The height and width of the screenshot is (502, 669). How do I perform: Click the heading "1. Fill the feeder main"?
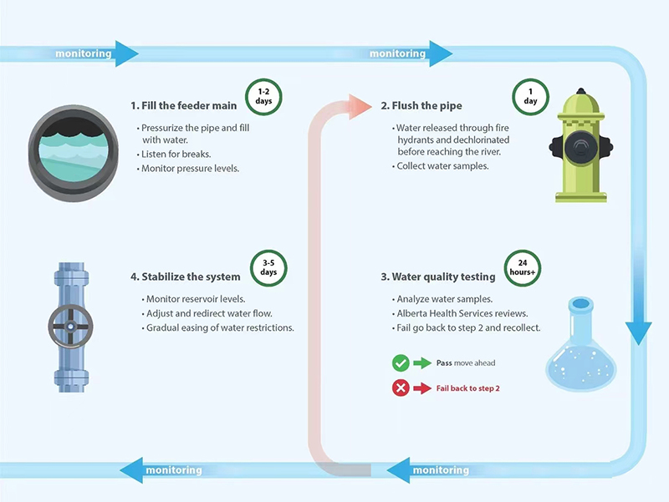coord(183,106)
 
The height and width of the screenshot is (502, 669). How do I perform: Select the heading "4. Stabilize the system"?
coord(185,276)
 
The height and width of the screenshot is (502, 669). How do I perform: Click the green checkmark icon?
coord(401,363)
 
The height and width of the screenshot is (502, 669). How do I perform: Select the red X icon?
coord(401,388)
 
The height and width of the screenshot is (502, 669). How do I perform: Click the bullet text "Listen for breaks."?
coord(178,155)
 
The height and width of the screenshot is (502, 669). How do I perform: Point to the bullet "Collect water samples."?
coord(442,167)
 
